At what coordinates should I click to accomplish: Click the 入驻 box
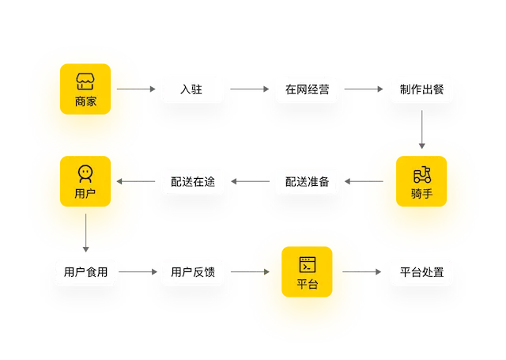pyautogui.click(x=191, y=90)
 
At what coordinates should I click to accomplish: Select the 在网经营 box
pyautogui.click(x=307, y=90)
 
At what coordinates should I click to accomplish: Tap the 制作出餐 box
pyautogui.click(x=421, y=90)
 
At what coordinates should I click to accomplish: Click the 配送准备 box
pyautogui.click(x=307, y=182)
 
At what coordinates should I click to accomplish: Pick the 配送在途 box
pyautogui.click(x=192, y=182)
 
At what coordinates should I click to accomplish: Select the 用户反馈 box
pyautogui.click(x=192, y=272)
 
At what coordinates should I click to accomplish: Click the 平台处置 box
pyautogui.click(x=421, y=272)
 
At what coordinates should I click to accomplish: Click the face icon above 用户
pyautogui.click(x=85, y=172)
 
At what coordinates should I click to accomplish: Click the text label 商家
pyautogui.click(x=85, y=101)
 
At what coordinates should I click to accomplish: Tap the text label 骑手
pyautogui.click(x=421, y=194)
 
